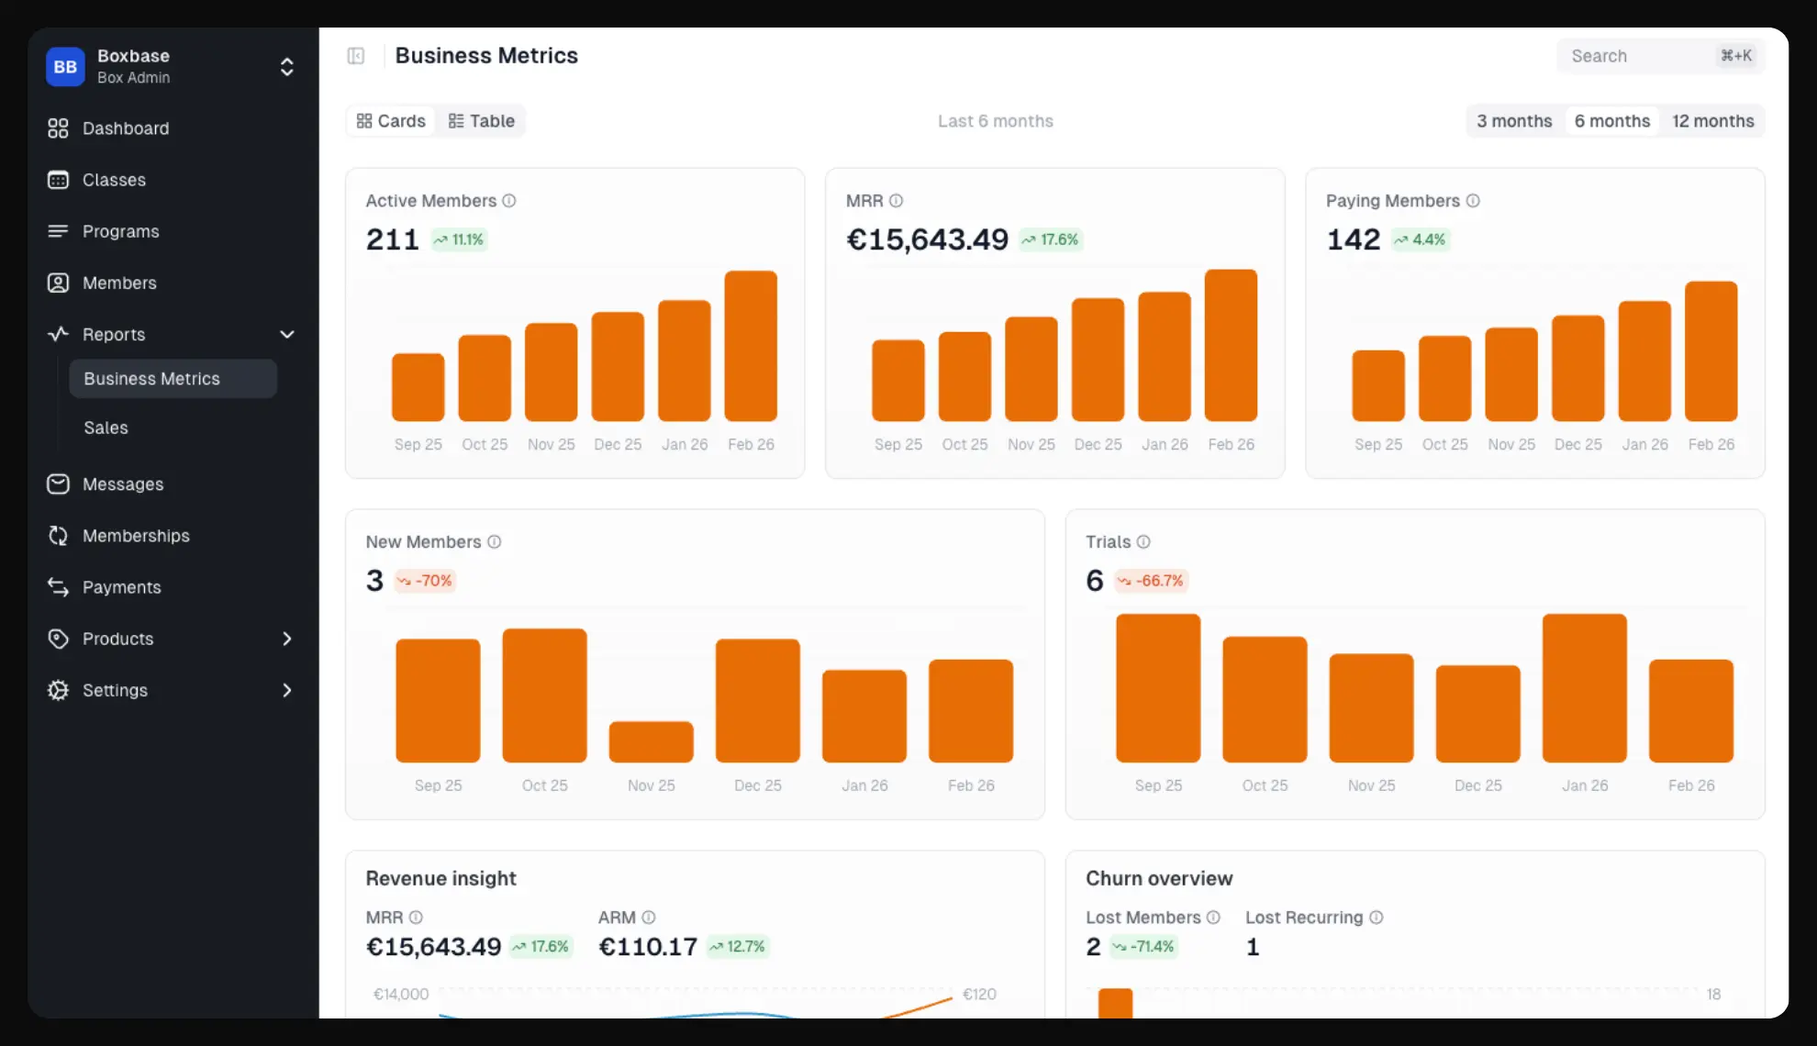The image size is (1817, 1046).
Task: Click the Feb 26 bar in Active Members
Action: [751, 346]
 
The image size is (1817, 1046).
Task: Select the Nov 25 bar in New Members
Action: [651, 741]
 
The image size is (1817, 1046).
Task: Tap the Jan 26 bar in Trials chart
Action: [1584, 688]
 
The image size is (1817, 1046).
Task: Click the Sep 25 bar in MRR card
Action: [897, 380]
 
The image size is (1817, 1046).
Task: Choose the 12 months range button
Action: [1712, 121]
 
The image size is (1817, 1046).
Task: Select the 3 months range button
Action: [1514, 121]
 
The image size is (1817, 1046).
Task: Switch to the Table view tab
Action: [482, 121]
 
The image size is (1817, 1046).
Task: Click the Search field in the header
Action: [1633, 56]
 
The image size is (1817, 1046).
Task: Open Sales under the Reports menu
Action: [106, 428]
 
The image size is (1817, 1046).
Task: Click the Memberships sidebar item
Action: [136, 536]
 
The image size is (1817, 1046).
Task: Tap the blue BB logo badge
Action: [65, 67]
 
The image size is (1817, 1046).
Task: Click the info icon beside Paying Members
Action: [1473, 201]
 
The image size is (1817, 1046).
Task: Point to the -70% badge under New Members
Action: [425, 581]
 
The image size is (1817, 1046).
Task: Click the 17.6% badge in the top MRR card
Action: [1051, 239]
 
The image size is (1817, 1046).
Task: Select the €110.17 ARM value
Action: [648, 947]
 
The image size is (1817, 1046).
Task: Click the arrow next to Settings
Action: [287, 690]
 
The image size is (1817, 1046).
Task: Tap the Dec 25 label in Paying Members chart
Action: [1577, 444]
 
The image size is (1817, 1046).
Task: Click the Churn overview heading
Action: [1159, 878]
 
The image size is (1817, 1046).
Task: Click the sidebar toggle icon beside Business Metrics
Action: [356, 56]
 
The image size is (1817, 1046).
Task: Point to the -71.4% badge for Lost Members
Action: [1143, 947]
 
